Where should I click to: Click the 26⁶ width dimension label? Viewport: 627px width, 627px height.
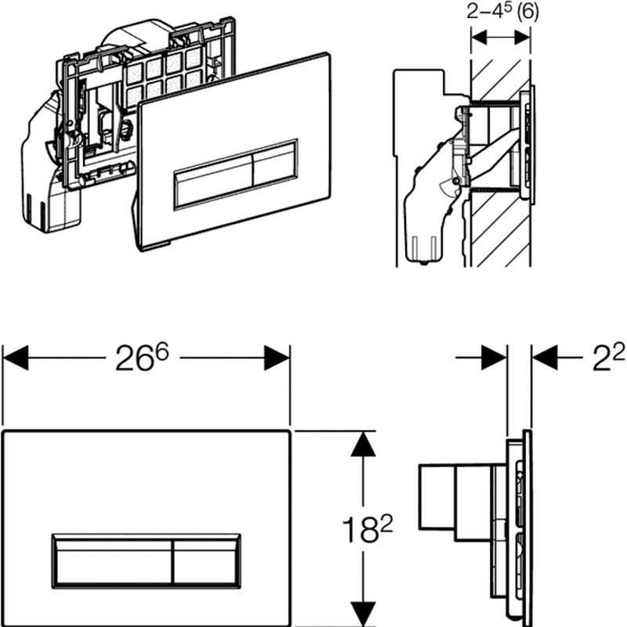click(142, 358)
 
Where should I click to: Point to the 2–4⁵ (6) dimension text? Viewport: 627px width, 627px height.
click(502, 12)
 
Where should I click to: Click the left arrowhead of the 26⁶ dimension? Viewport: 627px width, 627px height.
click(15, 358)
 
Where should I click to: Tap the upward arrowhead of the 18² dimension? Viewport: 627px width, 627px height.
click(363, 444)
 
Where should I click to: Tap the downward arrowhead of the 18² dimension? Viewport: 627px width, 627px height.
click(363, 614)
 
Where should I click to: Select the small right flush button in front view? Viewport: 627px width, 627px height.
click(206, 562)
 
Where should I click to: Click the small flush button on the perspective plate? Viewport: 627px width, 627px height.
click(275, 163)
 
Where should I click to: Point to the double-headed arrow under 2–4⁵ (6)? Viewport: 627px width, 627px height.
click(501, 38)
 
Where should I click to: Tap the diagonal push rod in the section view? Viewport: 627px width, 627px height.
click(495, 154)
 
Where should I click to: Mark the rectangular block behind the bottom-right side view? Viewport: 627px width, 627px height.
click(437, 497)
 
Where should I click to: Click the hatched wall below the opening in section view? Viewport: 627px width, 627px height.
click(501, 228)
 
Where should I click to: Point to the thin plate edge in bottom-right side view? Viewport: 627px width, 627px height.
click(527, 528)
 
